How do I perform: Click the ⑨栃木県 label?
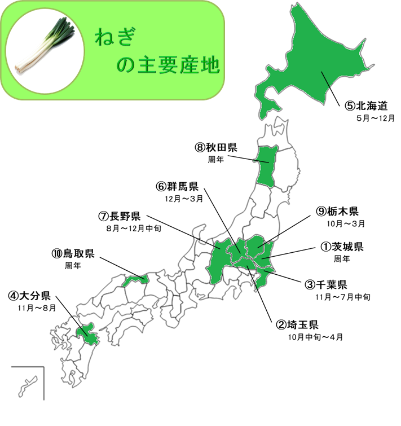337,212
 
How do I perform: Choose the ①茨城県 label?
342,247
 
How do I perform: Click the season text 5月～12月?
376,118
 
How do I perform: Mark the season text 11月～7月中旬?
343,296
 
